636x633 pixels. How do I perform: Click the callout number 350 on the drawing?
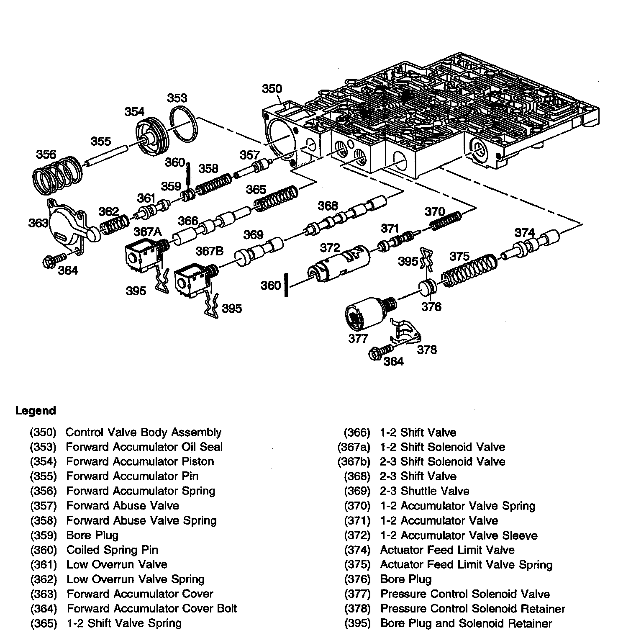coord(272,89)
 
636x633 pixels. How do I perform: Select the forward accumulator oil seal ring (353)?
coord(184,124)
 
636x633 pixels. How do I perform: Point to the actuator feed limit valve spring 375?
coord(469,270)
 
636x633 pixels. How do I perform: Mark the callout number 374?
coord(525,233)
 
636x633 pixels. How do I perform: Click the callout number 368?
coord(328,206)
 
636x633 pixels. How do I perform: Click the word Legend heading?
coord(36,411)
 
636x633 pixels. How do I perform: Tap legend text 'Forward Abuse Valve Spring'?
coord(141,520)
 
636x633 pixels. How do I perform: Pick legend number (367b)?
coord(354,462)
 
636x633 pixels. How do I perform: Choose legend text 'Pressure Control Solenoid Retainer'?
coord(472,609)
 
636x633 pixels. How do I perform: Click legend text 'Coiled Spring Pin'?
coord(112,550)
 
